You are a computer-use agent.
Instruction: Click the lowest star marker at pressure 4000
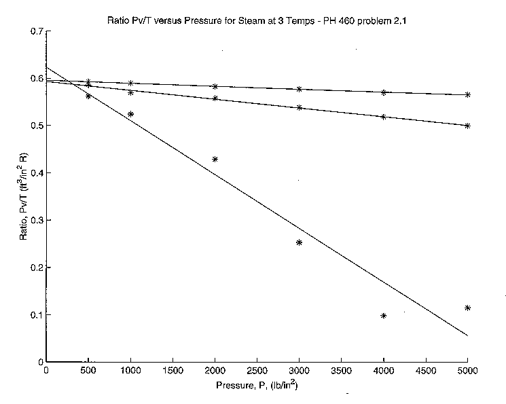click(384, 316)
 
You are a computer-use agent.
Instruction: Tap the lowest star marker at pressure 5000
click(467, 308)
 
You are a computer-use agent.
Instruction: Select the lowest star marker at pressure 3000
click(299, 242)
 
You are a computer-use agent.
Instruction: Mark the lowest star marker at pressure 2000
click(215, 159)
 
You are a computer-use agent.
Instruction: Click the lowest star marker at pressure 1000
click(130, 114)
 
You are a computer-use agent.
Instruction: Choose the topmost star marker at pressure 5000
click(467, 95)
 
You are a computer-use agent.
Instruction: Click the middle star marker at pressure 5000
click(467, 126)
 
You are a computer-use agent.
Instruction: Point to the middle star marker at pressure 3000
click(299, 107)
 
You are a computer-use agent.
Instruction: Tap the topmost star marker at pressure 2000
click(215, 86)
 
